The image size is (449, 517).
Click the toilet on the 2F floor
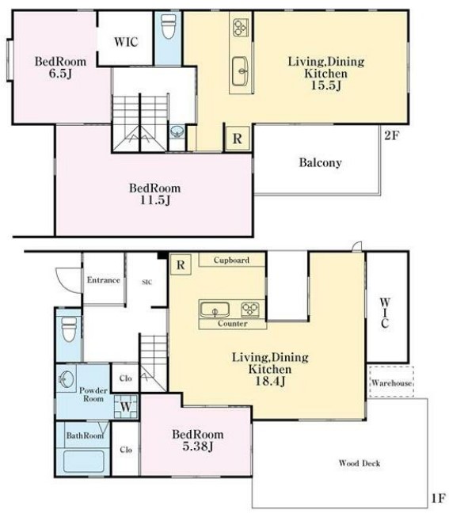[x=168, y=25]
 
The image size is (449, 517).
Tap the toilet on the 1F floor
[x=69, y=329]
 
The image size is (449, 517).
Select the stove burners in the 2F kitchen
[x=241, y=28]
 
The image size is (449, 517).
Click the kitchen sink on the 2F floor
[x=241, y=71]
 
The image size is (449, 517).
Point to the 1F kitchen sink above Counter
[x=215, y=310]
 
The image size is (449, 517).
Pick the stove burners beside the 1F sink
[x=250, y=310]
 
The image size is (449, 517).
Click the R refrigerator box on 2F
[x=238, y=139]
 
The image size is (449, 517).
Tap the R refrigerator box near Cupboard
[x=181, y=264]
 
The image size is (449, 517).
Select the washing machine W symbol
[x=126, y=406]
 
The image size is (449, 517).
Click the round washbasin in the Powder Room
[x=67, y=379]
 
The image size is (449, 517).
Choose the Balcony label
[x=320, y=162]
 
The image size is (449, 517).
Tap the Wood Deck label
[x=360, y=463]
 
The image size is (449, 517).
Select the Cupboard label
[x=231, y=260]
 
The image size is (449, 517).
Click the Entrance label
[x=103, y=280]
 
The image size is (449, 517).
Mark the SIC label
[x=146, y=282]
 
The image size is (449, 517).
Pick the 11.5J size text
[x=155, y=200]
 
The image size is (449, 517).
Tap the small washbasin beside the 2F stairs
[x=177, y=132]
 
